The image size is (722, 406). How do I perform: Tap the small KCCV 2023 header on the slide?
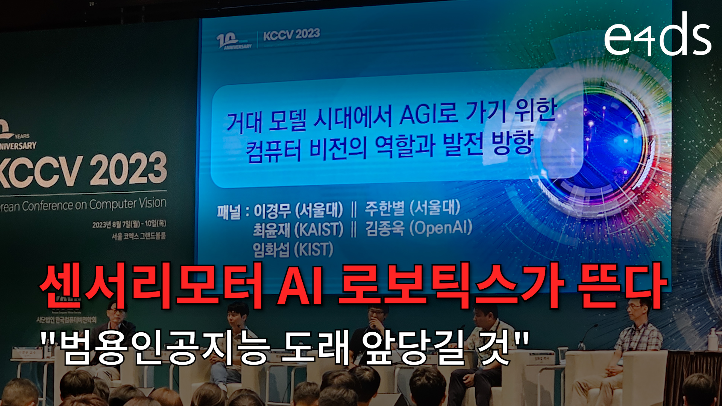click(291, 35)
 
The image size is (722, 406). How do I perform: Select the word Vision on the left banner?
click(152, 203)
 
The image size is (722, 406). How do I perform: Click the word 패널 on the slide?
click(228, 212)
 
